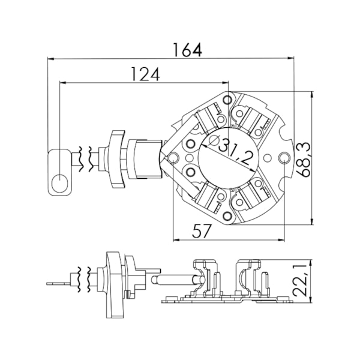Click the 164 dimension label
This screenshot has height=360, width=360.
188,50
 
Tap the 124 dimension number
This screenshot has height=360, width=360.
145,74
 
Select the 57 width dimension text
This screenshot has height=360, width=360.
202,231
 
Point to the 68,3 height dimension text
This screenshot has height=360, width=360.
304,160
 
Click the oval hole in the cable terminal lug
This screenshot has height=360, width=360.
60,183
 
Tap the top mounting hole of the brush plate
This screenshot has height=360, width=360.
227,100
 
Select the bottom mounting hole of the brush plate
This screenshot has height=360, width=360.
227,215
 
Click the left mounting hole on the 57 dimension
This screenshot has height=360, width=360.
173,158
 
